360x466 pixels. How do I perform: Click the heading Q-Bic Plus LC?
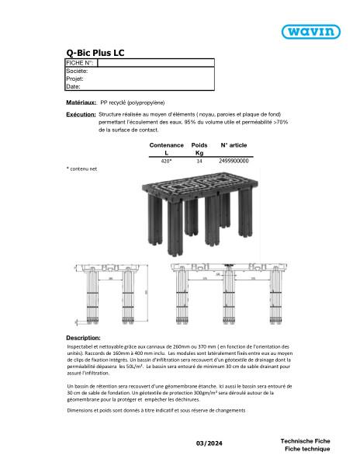[95, 52]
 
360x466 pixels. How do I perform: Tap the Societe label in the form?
[78, 71]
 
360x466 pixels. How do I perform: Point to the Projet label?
[74, 78]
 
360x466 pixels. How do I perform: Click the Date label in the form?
[74, 87]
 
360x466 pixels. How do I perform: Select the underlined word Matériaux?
[81, 102]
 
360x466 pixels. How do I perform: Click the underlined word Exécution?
[81, 115]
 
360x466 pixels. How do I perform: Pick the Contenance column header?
[166, 145]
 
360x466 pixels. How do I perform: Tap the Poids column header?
[199, 145]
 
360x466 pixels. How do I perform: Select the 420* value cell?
[166, 161]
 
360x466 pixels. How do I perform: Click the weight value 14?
[199, 161]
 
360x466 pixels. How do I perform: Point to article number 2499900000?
[234, 161]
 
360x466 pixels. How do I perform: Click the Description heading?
[83, 339]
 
